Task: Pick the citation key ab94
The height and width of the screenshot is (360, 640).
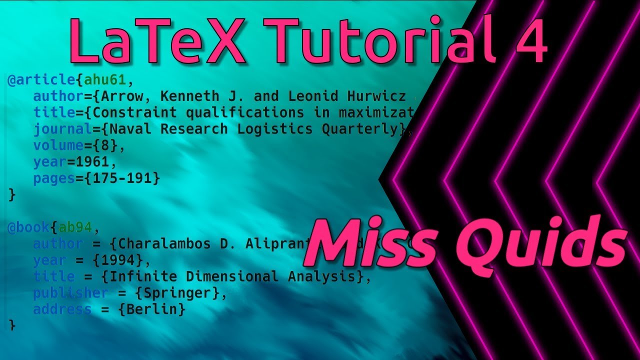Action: pos(75,227)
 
